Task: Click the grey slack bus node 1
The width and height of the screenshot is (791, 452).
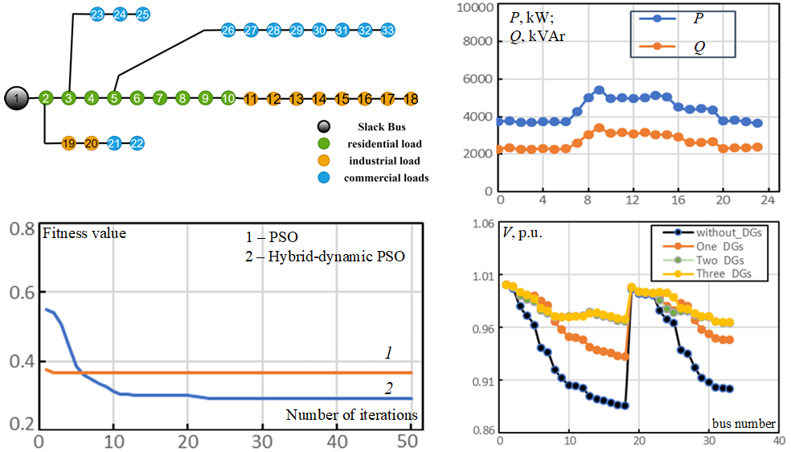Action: [x=15, y=98]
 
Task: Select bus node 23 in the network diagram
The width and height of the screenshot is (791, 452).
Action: [x=97, y=14]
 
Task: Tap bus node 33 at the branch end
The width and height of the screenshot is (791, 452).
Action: [x=388, y=31]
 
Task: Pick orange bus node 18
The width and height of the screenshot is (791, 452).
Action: [x=412, y=99]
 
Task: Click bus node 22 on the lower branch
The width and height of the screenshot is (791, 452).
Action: [x=137, y=143]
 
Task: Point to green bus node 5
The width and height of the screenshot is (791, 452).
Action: [x=115, y=98]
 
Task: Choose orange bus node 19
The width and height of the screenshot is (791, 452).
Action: [x=68, y=143]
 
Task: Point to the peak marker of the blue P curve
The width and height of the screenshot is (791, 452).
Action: [x=599, y=90]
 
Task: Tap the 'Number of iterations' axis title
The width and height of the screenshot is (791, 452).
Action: [x=351, y=415]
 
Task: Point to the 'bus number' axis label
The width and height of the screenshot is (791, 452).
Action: [x=744, y=423]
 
